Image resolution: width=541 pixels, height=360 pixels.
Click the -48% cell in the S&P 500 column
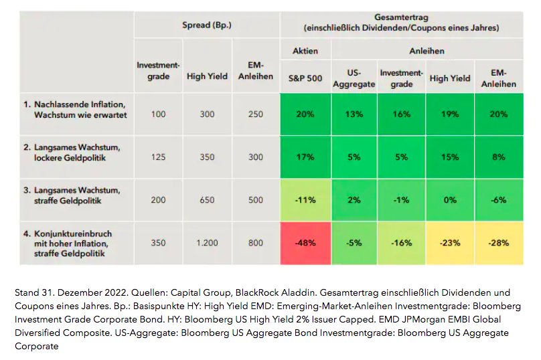[305, 243]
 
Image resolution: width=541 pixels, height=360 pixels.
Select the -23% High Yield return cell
[450, 243]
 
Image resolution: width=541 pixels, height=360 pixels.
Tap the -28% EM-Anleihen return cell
[499, 243]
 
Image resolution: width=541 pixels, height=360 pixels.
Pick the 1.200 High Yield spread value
[207, 243]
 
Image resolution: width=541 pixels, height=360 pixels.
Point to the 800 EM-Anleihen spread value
[256, 243]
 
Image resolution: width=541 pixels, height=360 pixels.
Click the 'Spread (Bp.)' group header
[207, 25]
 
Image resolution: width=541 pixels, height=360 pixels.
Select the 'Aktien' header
[305, 51]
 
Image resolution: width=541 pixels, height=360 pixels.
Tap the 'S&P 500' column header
[305, 78]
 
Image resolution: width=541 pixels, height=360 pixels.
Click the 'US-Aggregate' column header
[354, 78]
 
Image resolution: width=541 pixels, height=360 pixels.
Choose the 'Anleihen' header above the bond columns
[427, 51]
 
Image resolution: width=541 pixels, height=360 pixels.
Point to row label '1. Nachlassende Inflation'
[75, 104]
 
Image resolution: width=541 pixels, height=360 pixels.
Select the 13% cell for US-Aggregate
[354, 114]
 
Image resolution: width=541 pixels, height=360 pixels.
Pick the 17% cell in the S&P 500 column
[305, 157]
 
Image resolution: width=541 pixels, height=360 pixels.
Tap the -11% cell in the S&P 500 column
[305, 200]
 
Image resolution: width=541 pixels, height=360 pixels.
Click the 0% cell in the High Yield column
[450, 200]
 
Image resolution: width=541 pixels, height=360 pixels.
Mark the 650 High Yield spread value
[207, 200]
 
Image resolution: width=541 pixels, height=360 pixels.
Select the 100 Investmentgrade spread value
[158, 114]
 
